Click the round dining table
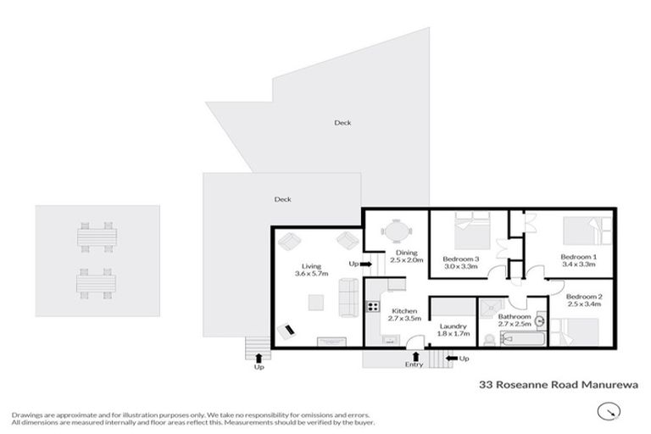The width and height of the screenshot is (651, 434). (x=396, y=231)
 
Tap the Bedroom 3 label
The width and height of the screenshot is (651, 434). (x=461, y=259)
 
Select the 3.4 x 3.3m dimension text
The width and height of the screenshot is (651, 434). (x=579, y=264)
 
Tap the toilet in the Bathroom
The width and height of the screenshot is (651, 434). (x=489, y=339)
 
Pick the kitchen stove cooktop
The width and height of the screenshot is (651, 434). (x=370, y=305)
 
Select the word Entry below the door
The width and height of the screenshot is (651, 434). (x=414, y=364)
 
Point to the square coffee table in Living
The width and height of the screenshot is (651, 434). (x=315, y=302)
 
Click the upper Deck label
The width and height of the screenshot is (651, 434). (x=342, y=123)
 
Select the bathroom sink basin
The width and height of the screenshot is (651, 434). (x=539, y=310)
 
